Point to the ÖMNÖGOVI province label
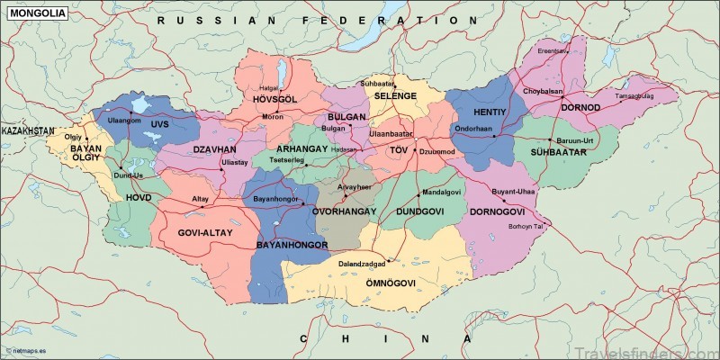coord(389,283)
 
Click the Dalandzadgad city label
coord(362,264)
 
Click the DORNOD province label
coord(580,107)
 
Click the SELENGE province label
coord(395,95)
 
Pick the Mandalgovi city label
coord(441,193)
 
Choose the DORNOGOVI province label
coord(496,211)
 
